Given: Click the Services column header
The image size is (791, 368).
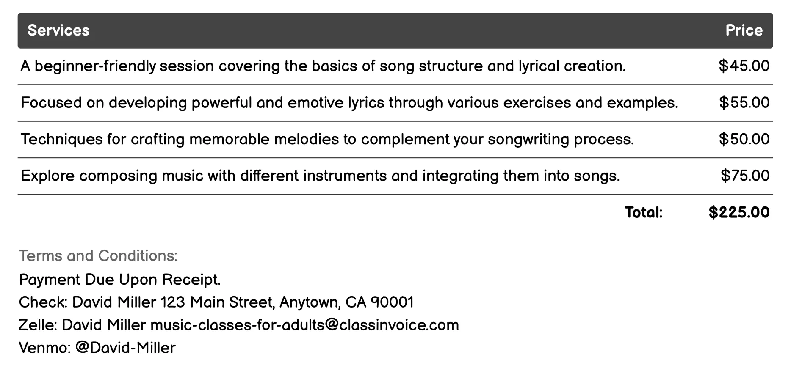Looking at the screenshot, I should (x=58, y=30).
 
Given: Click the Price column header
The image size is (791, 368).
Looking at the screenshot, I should (x=744, y=30).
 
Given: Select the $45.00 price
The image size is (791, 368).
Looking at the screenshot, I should (x=744, y=66).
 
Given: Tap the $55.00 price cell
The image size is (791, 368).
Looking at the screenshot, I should (x=744, y=103).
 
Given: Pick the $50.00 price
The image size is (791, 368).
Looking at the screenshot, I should (x=744, y=139).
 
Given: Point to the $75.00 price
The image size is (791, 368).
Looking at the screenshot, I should (x=745, y=176).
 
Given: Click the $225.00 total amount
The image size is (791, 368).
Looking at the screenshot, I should (x=739, y=212).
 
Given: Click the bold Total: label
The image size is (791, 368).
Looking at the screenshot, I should (x=644, y=212).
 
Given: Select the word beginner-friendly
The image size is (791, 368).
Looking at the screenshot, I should (x=95, y=66).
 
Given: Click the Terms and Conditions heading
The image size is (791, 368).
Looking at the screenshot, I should (x=98, y=256).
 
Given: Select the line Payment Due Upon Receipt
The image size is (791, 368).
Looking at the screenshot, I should (x=120, y=280).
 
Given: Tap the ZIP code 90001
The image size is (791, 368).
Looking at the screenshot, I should (x=392, y=302).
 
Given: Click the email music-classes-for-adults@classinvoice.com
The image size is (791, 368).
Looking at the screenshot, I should (x=304, y=325).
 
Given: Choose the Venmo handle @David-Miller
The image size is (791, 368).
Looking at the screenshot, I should (x=125, y=348).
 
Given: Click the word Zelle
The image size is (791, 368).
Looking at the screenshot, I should (x=37, y=325).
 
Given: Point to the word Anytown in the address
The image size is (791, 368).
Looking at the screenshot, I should (x=310, y=302).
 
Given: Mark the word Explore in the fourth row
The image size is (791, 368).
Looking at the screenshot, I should (x=47, y=176).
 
